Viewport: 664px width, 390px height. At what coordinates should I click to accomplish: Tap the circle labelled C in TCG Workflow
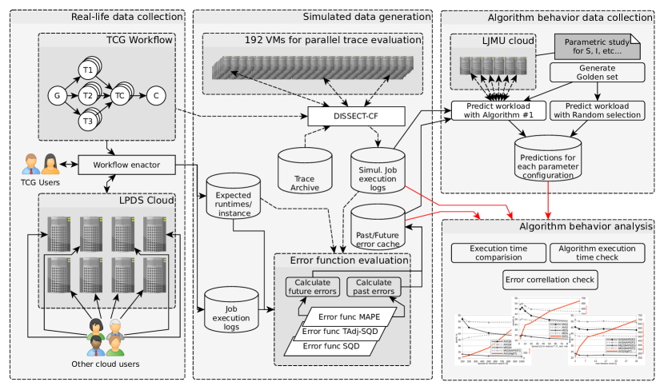click(x=157, y=96)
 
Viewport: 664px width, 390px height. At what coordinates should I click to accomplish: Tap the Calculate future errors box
click(x=314, y=286)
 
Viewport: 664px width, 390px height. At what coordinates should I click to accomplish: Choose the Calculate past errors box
click(x=374, y=286)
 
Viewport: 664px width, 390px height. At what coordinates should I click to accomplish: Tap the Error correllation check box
click(x=550, y=280)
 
